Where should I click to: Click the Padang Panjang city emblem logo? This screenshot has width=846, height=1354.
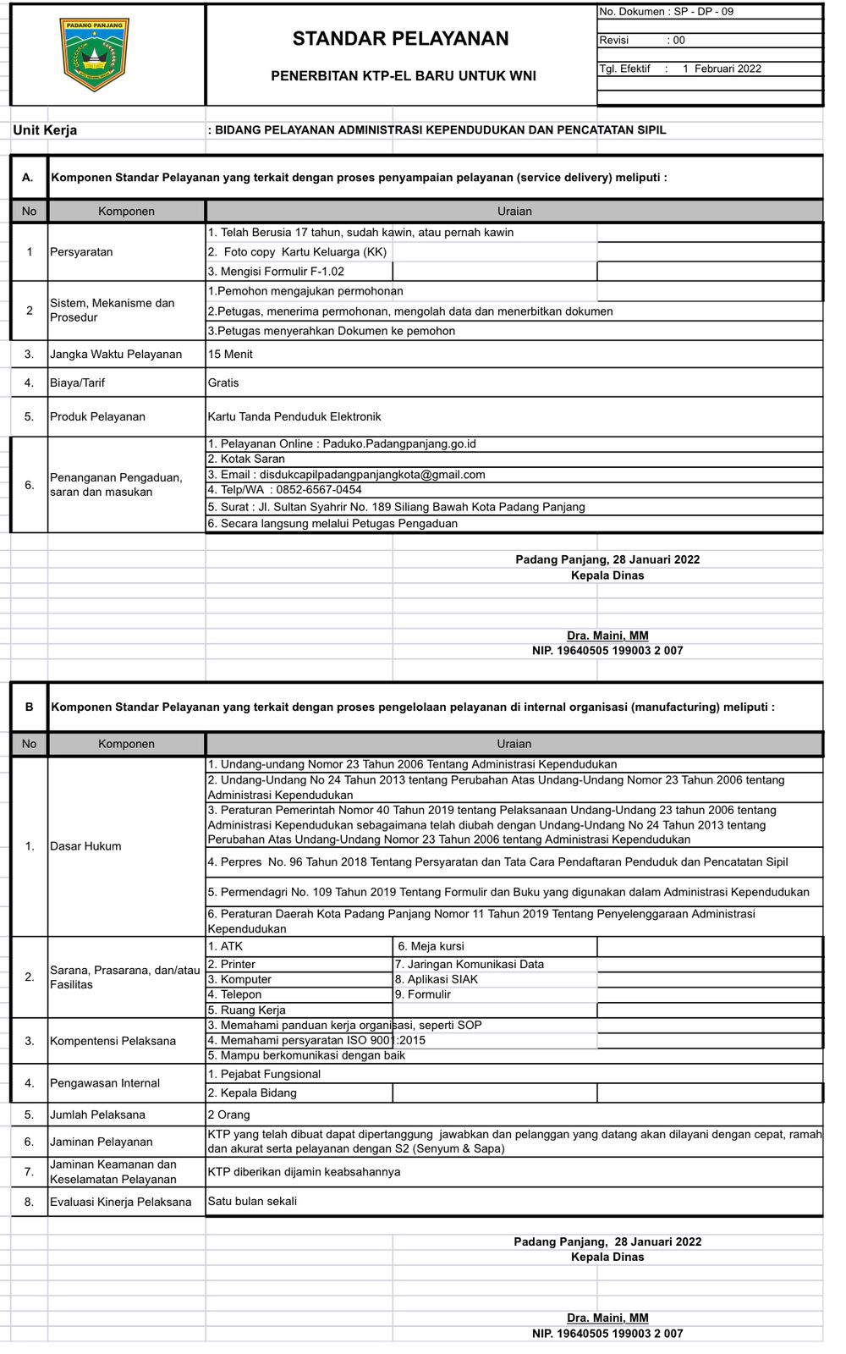[x=95, y=54]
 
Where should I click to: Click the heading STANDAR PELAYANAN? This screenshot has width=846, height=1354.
[x=400, y=38]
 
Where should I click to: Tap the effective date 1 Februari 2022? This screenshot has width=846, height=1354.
[x=722, y=69]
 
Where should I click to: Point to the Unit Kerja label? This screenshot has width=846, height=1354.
[x=45, y=130]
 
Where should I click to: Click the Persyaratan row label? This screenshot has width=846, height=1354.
[x=81, y=252]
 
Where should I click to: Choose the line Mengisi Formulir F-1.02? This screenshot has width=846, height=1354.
[x=276, y=272]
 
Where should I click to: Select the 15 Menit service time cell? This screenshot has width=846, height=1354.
[x=230, y=355]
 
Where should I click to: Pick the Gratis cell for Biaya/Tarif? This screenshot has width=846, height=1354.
[x=223, y=383]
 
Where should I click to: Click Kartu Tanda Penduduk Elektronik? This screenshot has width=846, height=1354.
[x=294, y=416]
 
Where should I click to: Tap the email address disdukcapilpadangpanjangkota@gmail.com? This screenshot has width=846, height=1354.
[x=372, y=475]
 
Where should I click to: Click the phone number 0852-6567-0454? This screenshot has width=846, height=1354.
[x=316, y=490]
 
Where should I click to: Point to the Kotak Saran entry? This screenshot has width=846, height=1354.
[x=246, y=459]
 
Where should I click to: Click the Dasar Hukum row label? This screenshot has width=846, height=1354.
[x=85, y=846]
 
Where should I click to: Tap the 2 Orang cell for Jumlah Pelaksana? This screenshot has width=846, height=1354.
[x=229, y=1115]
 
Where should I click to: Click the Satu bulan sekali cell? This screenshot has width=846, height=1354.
[x=252, y=1201]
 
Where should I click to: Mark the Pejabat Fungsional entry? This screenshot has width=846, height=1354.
[x=264, y=1074]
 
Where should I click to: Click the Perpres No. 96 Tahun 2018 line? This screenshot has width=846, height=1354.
[x=497, y=862]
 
